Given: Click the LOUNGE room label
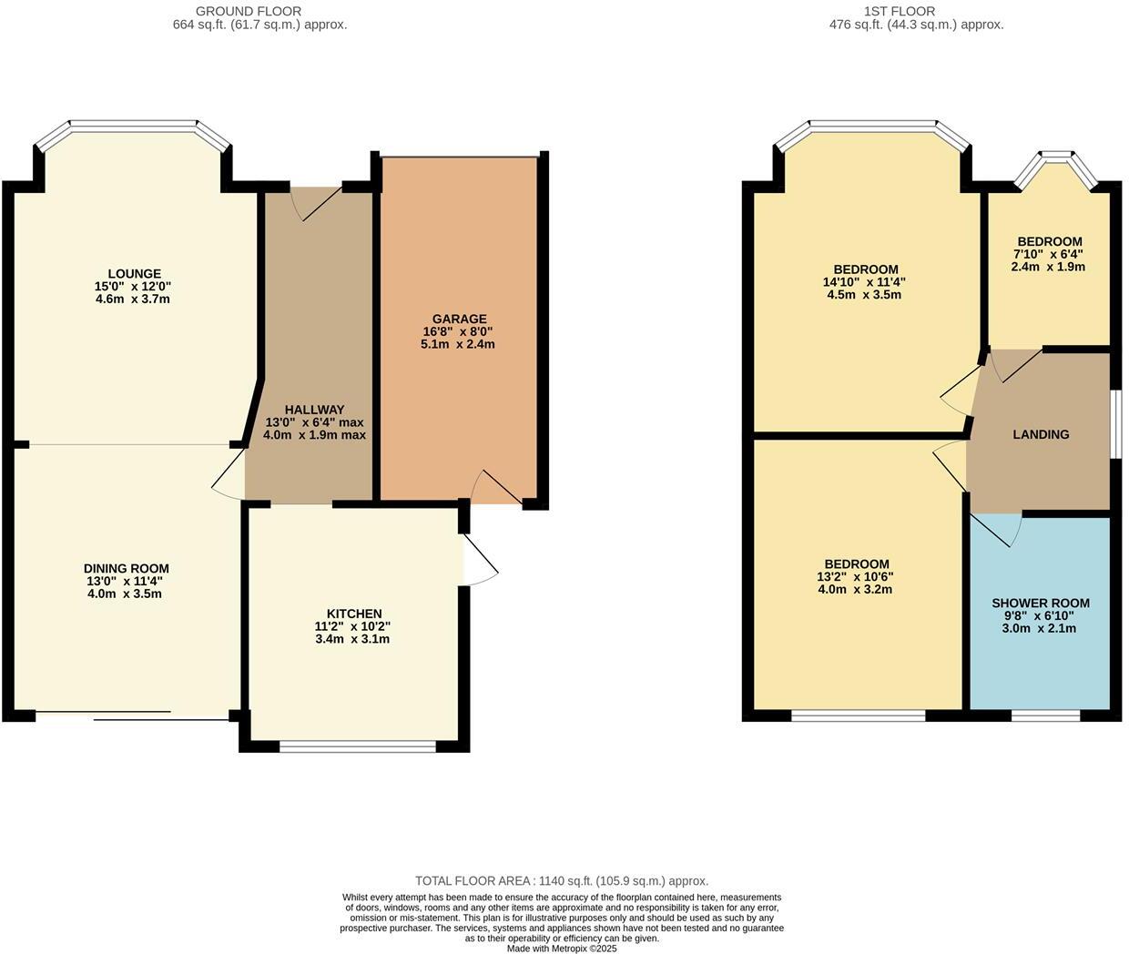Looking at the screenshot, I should pos(134,273).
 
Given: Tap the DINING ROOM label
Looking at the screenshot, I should pos(127,568).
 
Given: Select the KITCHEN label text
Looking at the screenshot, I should pos(354,614).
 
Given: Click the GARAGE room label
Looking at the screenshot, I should pos(459,319).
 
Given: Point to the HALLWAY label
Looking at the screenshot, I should pos(314,410).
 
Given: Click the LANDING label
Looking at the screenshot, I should pos(1041,434).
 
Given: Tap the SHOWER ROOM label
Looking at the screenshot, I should pos(1040,603).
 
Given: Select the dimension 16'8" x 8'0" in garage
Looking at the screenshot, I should pos(459,331).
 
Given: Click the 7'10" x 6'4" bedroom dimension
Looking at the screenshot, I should pos(1049,254).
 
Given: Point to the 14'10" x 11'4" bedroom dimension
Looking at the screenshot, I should pos(864,282).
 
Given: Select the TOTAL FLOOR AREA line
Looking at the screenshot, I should pos(561,880).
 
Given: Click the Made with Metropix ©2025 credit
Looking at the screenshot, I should pos(562,948).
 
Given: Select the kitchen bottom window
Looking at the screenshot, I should pos(358,746).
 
